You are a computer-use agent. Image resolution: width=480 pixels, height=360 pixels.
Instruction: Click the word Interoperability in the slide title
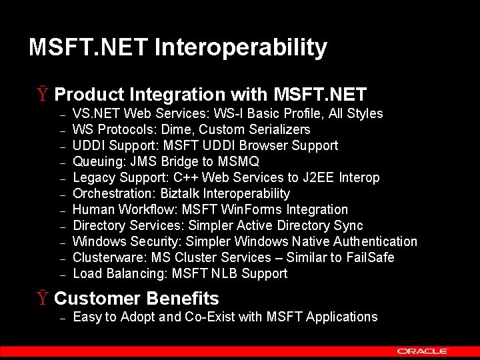[x=241, y=48]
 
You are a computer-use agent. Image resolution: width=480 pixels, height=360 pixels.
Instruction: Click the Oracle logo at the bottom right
[x=423, y=351]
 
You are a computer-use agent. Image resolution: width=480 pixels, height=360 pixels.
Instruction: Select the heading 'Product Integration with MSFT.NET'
[x=210, y=95]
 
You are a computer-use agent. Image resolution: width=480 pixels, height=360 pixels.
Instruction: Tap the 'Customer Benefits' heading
[x=136, y=299]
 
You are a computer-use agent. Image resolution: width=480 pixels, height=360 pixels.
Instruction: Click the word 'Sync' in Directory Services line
[x=349, y=225]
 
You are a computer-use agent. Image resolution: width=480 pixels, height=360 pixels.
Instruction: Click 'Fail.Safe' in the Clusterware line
[x=370, y=257]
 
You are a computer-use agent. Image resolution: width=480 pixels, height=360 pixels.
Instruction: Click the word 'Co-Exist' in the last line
[x=211, y=317]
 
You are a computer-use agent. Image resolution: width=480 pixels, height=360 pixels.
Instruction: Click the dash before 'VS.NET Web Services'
[x=61, y=115]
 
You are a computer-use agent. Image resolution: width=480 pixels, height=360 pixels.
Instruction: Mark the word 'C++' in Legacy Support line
[x=186, y=177]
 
